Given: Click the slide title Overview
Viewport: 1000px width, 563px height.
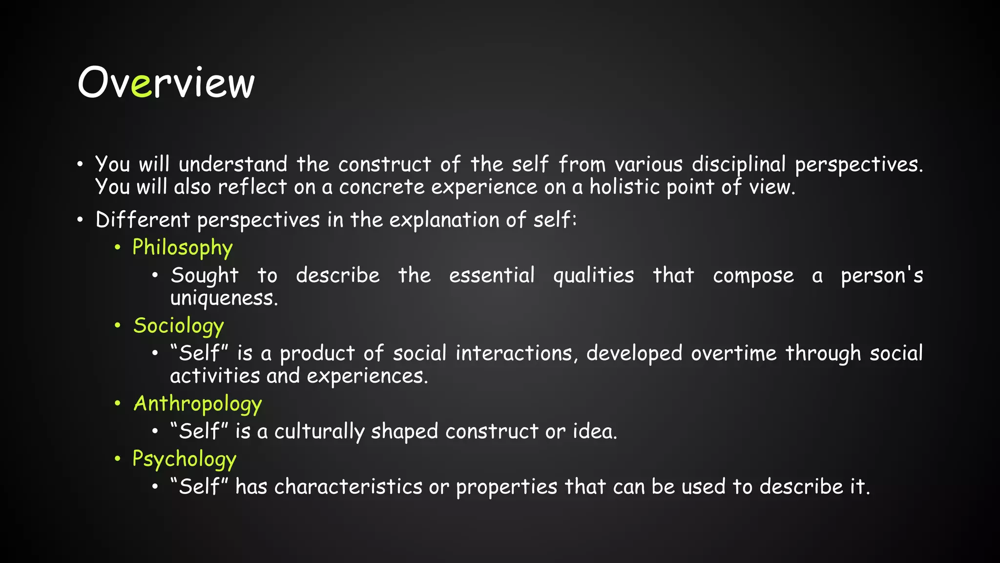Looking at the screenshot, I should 166,83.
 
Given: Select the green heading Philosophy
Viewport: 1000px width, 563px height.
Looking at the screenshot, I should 182,248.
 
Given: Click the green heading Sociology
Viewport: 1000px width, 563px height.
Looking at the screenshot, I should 179,326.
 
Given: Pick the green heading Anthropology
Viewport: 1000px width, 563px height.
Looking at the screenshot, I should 198,404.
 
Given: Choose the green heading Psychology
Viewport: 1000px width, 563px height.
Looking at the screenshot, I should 184,459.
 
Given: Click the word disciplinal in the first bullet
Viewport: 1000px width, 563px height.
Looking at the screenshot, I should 738,165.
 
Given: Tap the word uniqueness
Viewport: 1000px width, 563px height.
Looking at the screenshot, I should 224,298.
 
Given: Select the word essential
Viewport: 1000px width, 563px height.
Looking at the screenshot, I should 492,276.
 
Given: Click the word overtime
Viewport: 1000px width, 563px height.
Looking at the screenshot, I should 733,353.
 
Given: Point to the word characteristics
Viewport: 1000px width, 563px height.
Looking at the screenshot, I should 348,487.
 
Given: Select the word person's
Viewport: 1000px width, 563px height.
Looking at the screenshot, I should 881,276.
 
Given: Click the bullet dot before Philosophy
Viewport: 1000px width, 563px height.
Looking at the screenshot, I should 118,247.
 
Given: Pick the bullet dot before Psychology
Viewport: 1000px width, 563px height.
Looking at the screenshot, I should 118,459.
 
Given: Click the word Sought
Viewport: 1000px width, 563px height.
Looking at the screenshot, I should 205,276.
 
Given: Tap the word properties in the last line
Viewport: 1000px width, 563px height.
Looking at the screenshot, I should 506,487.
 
